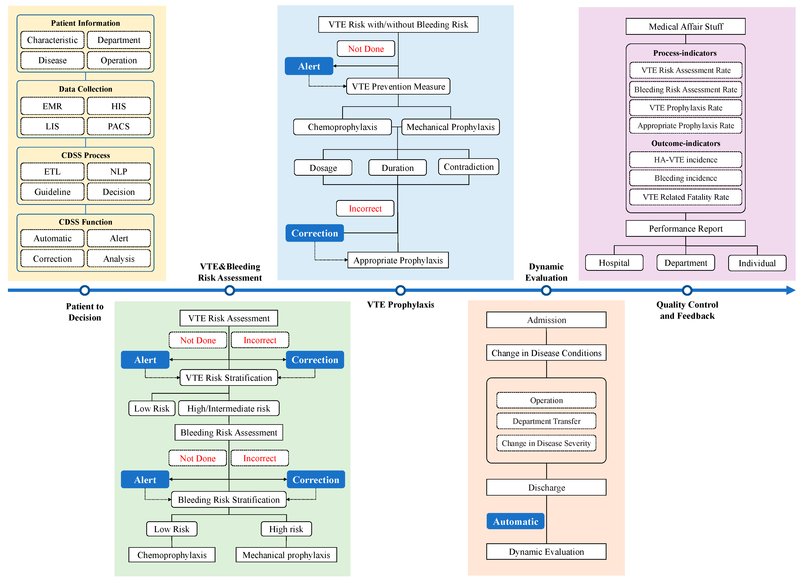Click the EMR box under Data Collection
click(52, 106)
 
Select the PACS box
click(119, 126)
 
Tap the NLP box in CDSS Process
click(119, 172)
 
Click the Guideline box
click(52, 192)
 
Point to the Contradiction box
click(468, 167)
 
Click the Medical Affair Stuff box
click(686, 26)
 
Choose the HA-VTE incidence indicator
click(686, 160)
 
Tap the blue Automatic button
click(515, 521)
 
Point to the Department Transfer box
click(546, 421)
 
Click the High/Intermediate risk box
click(229, 408)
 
